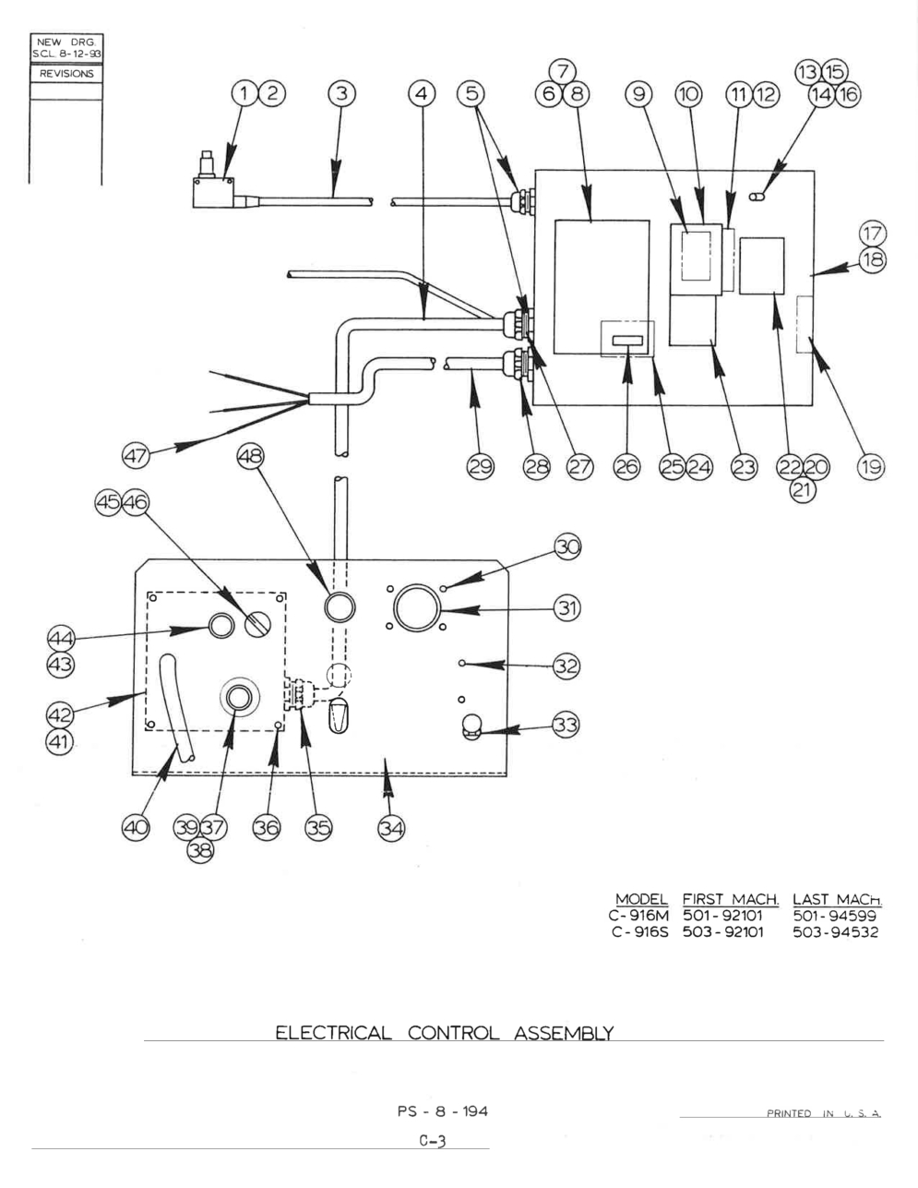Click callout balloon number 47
point(136,455)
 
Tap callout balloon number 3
point(341,94)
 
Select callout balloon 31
point(567,608)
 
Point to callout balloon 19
point(870,467)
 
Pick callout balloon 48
point(250,455)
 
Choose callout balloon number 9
point(638,94)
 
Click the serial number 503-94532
point(836,931)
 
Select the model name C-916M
point(638,915)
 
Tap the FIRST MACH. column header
point(731,899)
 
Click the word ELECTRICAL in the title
point(333,1033)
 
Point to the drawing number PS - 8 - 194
point(443,1110)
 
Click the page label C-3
point(433,1141)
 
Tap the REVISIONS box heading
point(66,73)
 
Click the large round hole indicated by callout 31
point(417,607)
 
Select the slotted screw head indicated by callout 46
point(256,624)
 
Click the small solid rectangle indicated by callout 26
point(627,341)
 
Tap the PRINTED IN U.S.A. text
point(824,1113)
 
